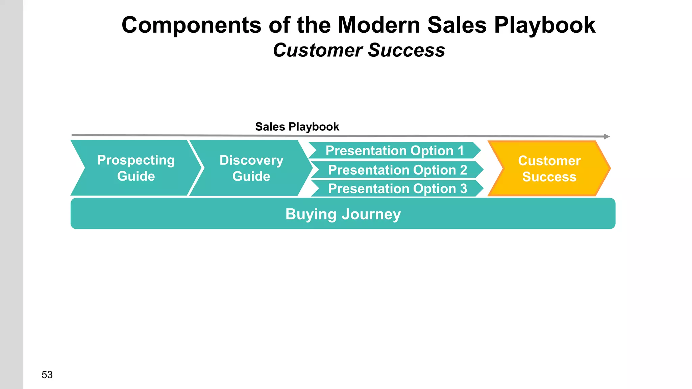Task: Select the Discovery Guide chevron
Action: pos(251,168)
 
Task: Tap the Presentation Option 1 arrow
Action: pos(394,150)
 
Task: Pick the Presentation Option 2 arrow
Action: pos(397,170)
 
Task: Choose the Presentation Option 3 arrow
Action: pos(397,188)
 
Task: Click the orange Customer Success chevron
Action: pos(549,168)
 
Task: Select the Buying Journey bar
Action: pos(343,214)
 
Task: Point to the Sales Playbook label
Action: pos(297,127)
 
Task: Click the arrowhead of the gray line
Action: pos(607,136)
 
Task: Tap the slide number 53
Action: pos(47,374)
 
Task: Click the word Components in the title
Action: pos(191,25)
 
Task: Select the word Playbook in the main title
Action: pos(545,25)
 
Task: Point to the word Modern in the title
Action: pos(379,25)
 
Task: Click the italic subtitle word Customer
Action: pos(318,50)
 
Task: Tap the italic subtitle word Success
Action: pos(406,50)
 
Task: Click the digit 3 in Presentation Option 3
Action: pos(464,188)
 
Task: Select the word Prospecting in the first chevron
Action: pos(136,160)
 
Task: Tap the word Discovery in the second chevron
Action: pos(251,160)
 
